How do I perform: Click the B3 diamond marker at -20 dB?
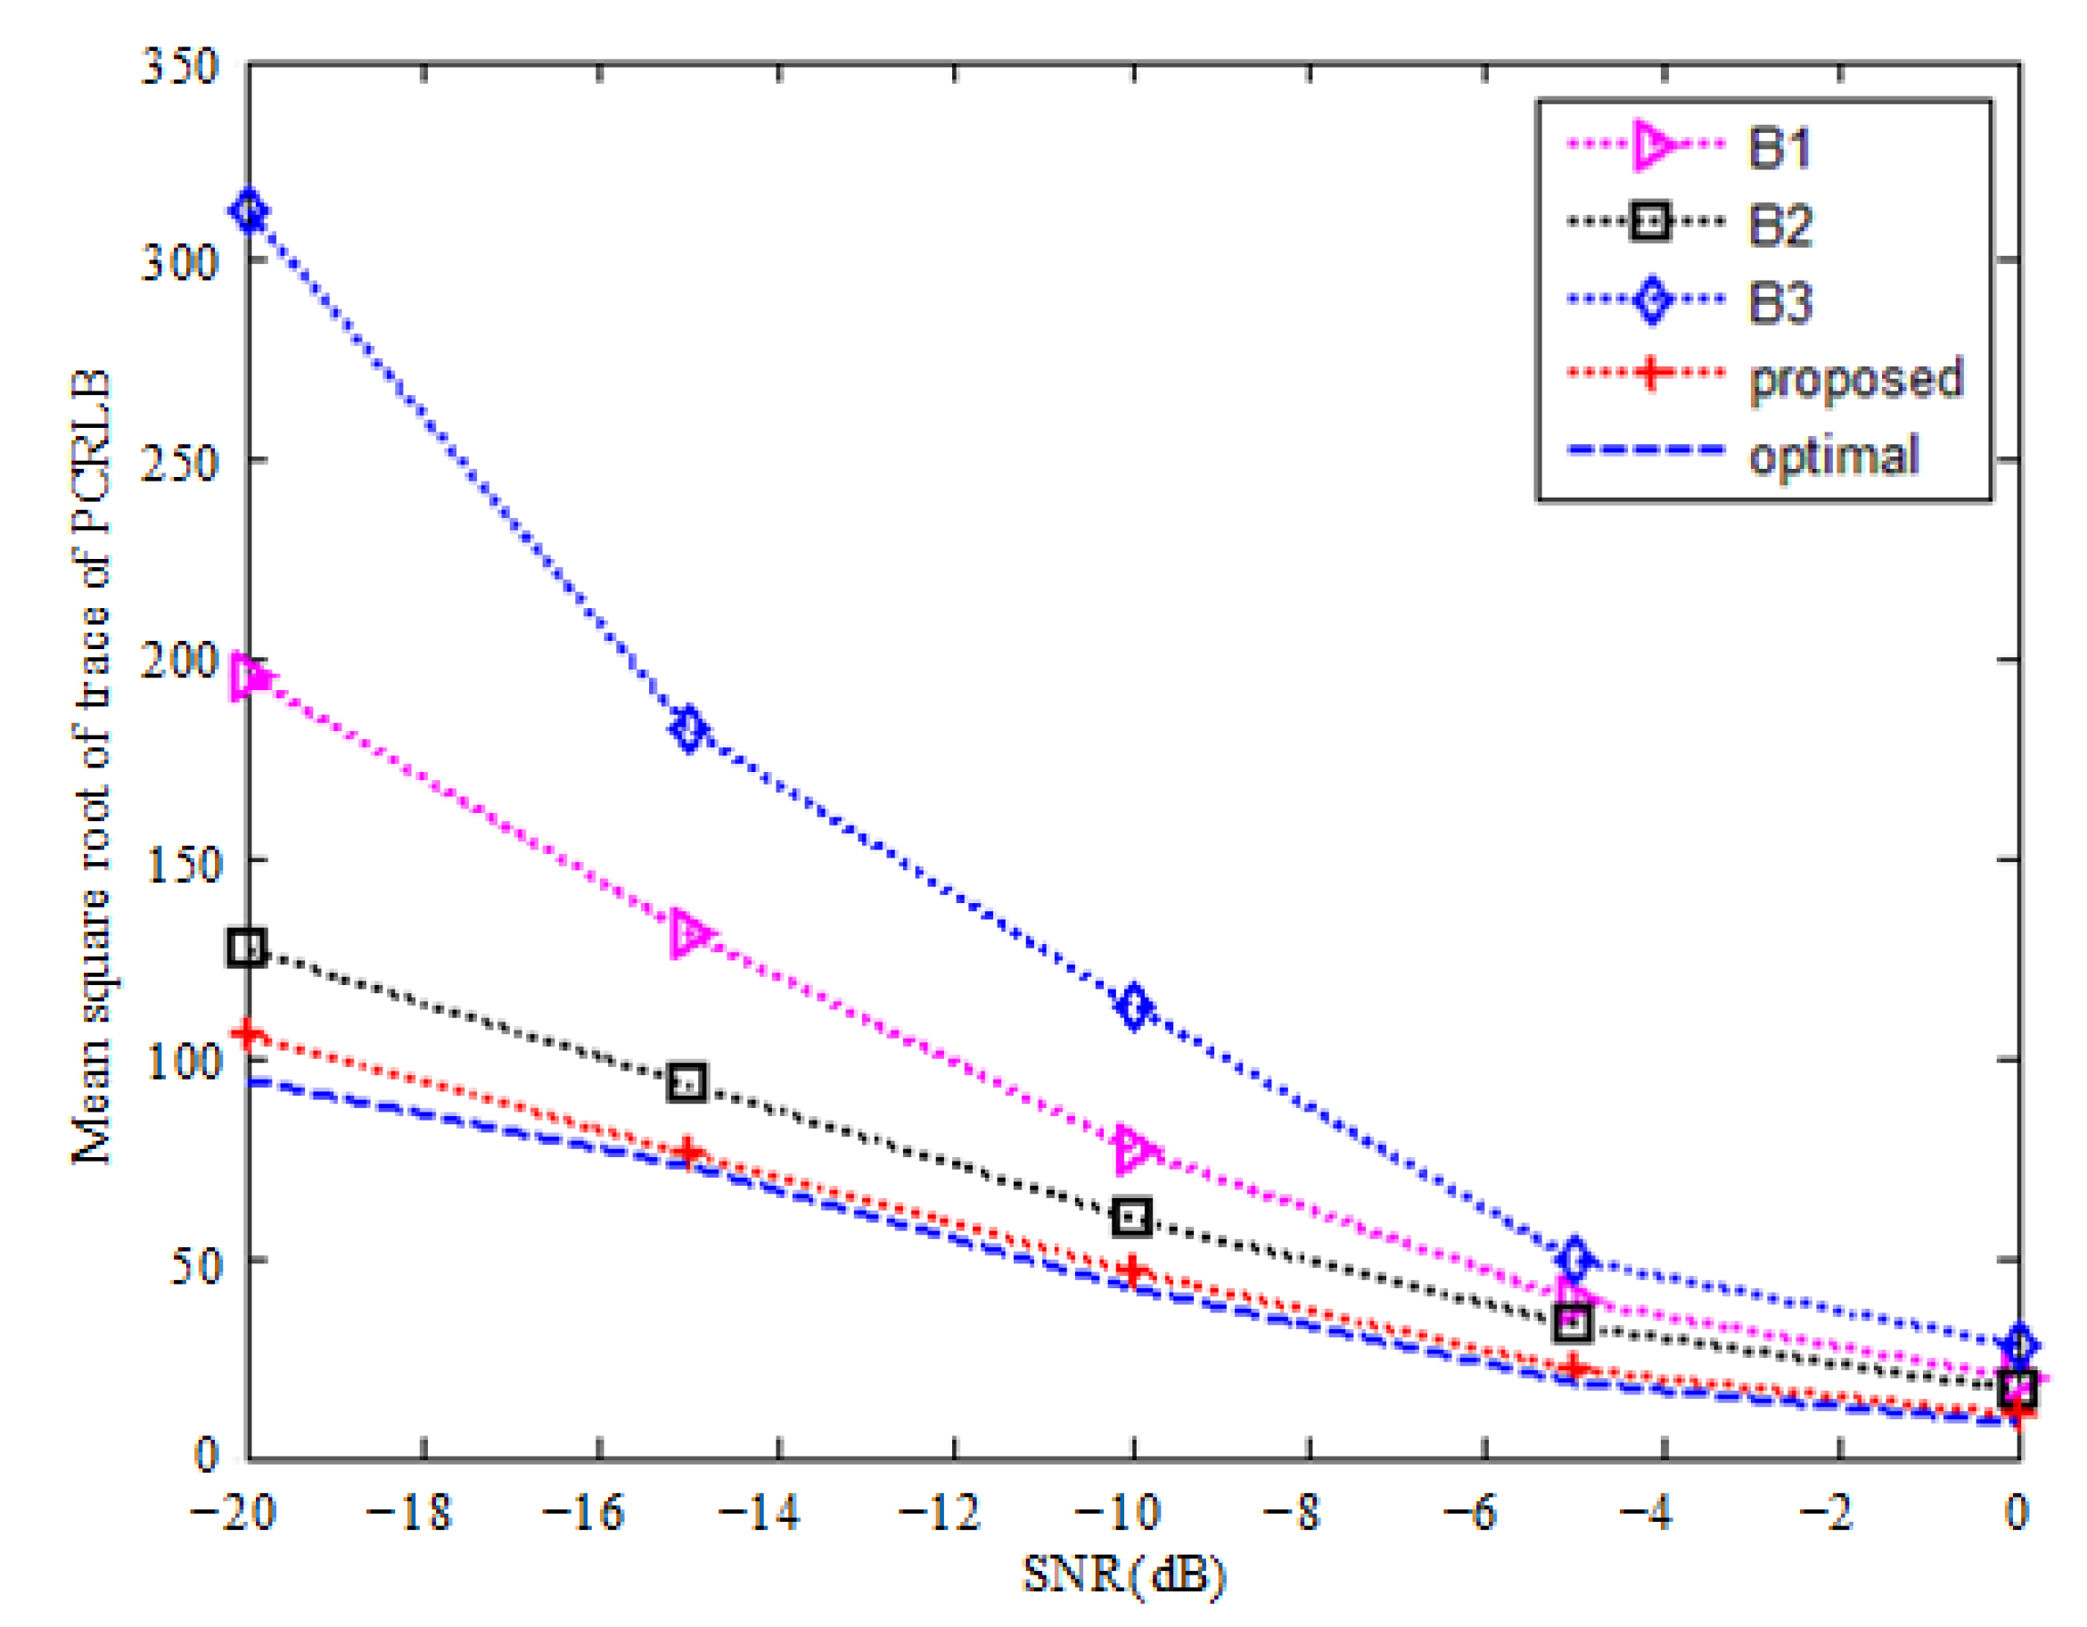tap(250, 212)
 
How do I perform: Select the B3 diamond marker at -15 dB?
tap(688, 730)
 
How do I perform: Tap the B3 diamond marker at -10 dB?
tap(1133, 1007)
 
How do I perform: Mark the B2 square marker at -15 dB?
tap(687, 1082)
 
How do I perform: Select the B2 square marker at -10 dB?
tap(1131, 1217)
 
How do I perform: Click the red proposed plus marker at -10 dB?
tap(1133, 1271)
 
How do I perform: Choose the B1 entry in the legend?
tap(1779, 148)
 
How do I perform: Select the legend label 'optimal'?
tap(1833, 456)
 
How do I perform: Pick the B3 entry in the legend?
tap(1779, 303)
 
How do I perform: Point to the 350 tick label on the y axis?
tap(180, 67)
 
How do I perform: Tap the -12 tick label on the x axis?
tap(941, 1512)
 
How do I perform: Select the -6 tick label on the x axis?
tap(1471, 1512)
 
